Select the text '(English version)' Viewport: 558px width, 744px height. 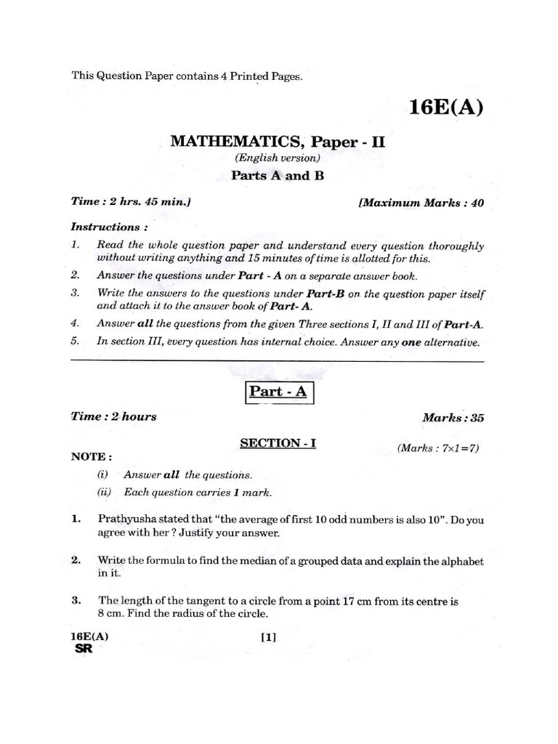pos(278,158)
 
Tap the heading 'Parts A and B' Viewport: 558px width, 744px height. pos(277,176)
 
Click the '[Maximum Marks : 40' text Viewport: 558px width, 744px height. pos(421,203)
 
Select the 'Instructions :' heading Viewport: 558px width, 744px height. pos(105,227)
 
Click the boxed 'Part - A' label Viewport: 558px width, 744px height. pos(279,393)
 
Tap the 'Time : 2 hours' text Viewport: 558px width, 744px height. pos(113,417)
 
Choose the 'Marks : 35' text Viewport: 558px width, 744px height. pos(453,418)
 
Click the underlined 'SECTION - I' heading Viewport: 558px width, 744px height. pos(279,442)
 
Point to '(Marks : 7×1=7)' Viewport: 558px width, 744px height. pos(437,448)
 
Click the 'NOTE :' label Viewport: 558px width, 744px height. pos(92,457)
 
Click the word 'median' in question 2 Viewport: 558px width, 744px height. pos(236,561)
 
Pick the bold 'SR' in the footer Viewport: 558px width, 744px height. pos(84,650)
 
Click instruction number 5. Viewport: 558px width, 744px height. pos(75,342)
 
